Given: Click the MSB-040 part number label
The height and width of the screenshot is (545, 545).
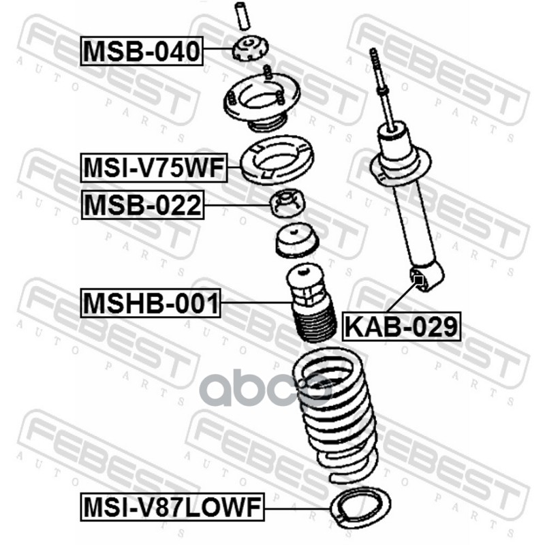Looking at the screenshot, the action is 142,51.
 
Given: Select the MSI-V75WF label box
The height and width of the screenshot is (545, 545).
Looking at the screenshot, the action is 154,168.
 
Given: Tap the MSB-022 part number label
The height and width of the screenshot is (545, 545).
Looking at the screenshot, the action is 142,205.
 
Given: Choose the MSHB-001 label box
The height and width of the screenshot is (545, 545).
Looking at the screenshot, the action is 151,303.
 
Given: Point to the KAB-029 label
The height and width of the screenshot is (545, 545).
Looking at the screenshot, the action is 401,326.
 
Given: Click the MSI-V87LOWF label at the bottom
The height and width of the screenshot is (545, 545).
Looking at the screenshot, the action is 172,507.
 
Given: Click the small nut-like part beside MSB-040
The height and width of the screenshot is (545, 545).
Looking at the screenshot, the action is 250,49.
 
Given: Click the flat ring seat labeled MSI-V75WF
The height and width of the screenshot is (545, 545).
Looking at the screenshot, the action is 277,160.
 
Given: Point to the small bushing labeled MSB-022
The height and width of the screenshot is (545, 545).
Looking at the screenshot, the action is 287,203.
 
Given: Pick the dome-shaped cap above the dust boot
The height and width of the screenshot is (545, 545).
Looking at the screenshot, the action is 296,241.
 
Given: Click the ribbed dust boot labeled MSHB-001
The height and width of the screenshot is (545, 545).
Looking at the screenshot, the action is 311,302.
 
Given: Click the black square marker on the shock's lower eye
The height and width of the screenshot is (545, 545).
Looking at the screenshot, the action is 419,279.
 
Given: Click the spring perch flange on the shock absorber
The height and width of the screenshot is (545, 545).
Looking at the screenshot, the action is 401,166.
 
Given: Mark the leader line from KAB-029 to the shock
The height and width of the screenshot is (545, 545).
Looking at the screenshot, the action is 402,296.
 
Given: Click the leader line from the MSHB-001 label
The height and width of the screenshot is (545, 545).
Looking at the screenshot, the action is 257,303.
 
